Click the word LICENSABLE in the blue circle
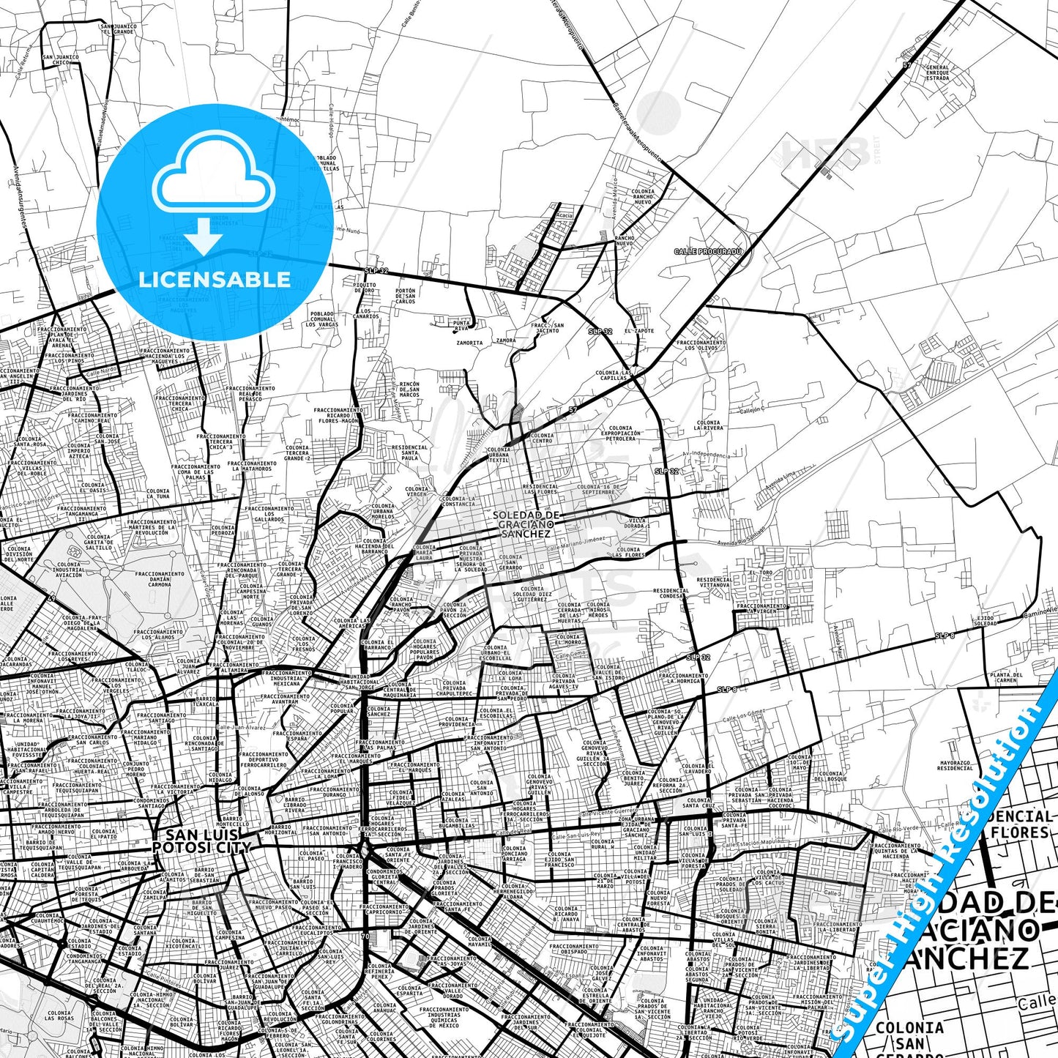pos(215,279)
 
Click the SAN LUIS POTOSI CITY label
pos(201,841)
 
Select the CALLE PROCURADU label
pos(708,251)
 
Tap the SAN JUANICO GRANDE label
pos(119,29)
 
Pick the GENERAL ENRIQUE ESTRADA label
pos(937,72)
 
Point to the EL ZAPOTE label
pos(638,331)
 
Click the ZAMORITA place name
pos(469,343)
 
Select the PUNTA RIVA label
pos(461,325)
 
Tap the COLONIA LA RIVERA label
pos(708,425)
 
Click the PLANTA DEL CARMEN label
pos(1006,677)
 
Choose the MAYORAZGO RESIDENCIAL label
pos(955,765)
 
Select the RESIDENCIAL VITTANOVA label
pos(714,582)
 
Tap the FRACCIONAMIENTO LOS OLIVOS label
pos(701,345)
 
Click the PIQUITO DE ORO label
pos(365,288)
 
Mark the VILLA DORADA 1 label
pos(638,523)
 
